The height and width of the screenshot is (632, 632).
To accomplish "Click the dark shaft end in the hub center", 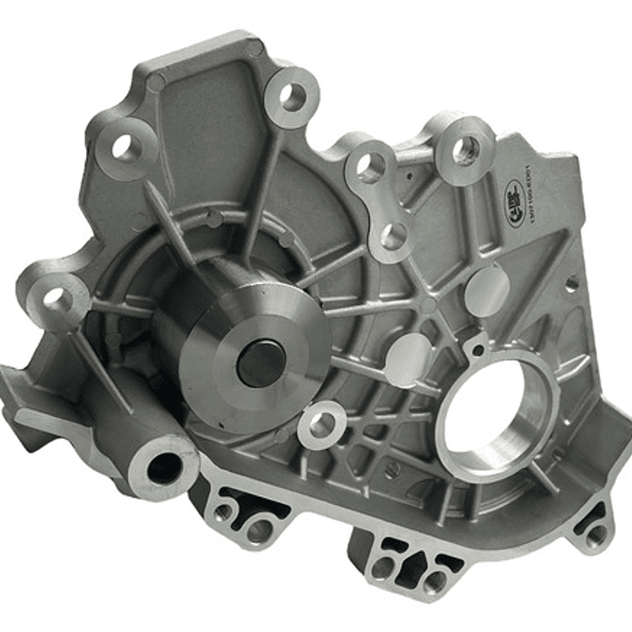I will tap(260, 361).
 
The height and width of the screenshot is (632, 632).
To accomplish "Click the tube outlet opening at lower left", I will tap(163, 467).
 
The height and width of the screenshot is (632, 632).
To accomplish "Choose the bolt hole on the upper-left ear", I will tap(127, 149).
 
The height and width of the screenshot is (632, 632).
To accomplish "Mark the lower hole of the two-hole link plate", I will tap(393, 236).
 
